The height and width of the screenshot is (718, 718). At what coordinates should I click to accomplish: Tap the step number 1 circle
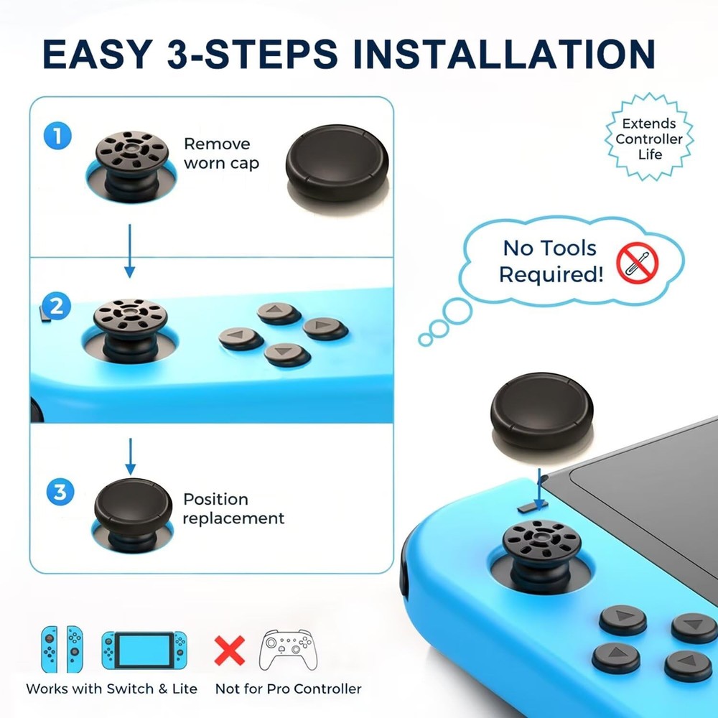click(57, 136)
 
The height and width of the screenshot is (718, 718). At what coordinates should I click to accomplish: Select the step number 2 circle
click(57, 307)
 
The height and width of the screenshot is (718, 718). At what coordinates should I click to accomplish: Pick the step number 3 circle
click(60, 493)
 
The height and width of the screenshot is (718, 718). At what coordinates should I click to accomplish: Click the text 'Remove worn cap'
click(221, 154)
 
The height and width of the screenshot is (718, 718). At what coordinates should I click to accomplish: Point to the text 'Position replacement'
click(233, 508)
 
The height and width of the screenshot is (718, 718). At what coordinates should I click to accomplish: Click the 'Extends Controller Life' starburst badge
click(649, 139)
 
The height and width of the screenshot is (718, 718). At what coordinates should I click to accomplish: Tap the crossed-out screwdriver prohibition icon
click(637, 262)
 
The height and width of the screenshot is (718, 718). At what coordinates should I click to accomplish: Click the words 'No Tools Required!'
click(551, 261)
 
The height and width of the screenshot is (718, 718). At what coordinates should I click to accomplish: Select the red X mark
click(230, 650)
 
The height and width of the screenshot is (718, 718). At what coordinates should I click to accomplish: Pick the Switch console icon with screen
click(144, 650)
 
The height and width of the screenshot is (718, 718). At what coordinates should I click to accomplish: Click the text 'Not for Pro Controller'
click(288, 689)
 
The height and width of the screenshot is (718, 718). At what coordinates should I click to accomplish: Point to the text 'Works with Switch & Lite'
click(111, 689)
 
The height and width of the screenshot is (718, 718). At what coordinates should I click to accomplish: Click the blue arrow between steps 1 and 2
click(130, 251)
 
